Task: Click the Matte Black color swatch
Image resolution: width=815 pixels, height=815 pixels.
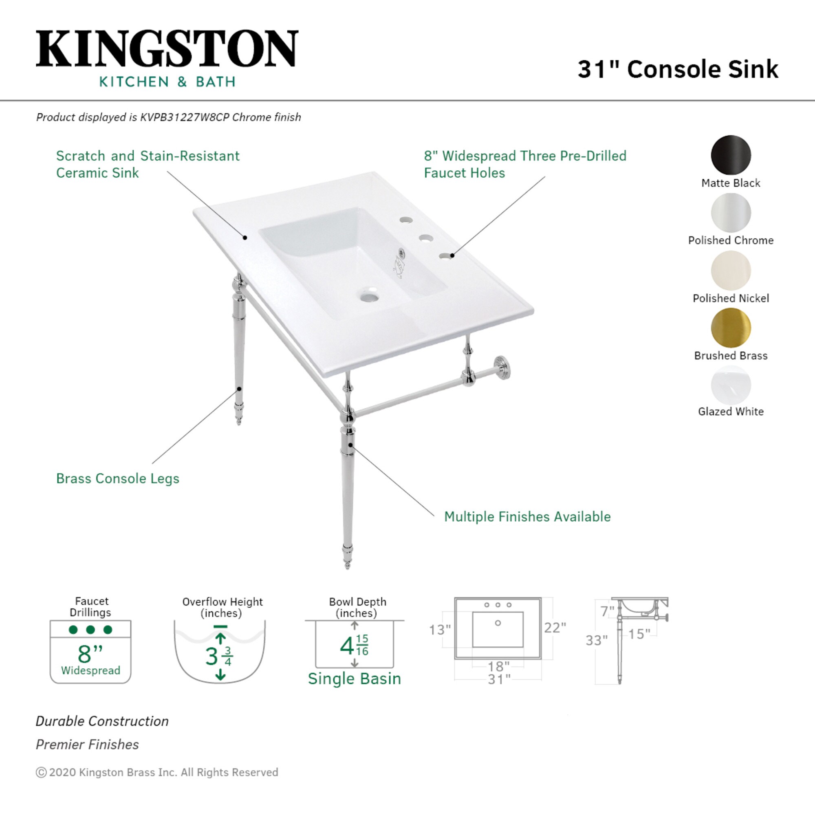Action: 731,155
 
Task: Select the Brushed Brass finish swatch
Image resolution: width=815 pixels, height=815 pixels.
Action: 731,328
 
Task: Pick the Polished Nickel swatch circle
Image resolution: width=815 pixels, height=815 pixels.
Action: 731,271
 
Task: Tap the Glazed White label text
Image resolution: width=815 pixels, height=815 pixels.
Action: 731,411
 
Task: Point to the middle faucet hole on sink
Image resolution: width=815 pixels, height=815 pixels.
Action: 426,238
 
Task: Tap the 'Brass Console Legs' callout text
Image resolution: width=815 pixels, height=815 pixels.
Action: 118,478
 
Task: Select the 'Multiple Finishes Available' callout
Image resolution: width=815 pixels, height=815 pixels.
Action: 527,516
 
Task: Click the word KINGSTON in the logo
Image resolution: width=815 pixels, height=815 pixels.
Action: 167,49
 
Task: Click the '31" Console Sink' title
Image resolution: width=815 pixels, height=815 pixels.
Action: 678,69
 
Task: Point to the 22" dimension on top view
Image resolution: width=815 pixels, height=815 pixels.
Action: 555,628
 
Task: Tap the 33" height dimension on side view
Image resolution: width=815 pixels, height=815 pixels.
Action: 596,640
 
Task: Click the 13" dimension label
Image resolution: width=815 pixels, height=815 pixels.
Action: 440,630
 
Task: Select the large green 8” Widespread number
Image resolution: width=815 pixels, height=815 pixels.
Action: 90,654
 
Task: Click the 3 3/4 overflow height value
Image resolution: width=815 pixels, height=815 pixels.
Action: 218,656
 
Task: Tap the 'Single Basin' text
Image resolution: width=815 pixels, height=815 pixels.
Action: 355,679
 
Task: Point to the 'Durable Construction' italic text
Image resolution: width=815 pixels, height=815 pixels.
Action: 102,721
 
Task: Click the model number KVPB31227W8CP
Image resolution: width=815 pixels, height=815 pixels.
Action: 184,117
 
